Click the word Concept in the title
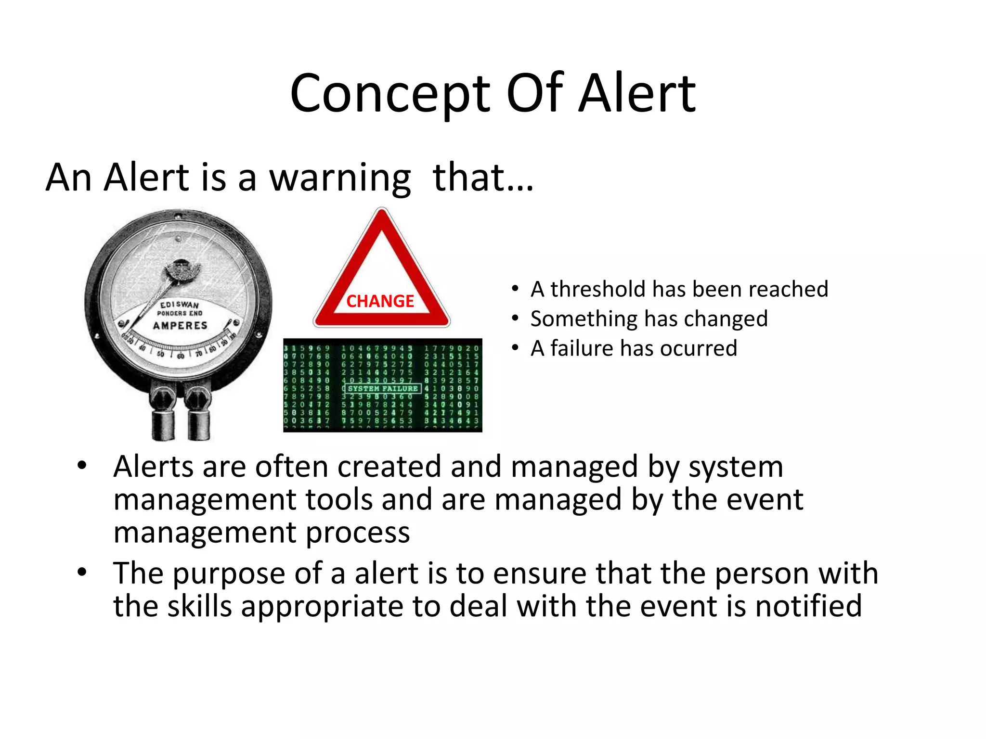(x=390, y=94)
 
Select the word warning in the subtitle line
(x=339, y=178)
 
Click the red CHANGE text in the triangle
(x=380, y=301)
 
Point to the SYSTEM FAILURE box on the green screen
(x=383, y=388)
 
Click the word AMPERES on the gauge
(x=180, y=326)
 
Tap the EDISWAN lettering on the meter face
(x=179, y=305)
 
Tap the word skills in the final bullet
(x=199, y=606)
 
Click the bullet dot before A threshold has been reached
(x=515, y=289)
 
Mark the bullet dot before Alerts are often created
(x=82, y=465)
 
